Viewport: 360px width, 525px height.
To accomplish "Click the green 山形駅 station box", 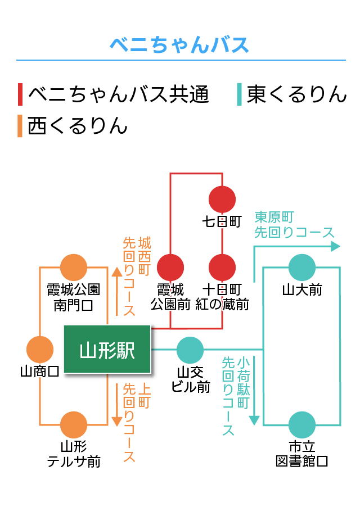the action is point(107,349).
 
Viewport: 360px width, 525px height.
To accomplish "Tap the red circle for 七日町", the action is point(222,199).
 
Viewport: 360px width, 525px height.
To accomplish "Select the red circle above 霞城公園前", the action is point(170,267).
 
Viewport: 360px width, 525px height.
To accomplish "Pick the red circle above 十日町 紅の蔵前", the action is point(222,267).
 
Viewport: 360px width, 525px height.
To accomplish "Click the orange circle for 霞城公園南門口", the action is point(74,267).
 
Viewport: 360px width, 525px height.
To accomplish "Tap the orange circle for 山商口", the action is point(40,350).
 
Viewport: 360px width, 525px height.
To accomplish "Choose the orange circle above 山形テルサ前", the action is point(74,424).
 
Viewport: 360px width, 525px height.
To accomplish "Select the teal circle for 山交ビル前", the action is point(190,350).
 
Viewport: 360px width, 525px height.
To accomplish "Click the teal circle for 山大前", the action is point(302,267).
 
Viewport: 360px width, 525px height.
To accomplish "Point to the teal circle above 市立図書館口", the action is point(302,424).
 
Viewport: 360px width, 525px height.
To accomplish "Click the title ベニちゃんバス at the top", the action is point(179,45).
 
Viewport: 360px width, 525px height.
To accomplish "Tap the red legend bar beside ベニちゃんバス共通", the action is point(20,94).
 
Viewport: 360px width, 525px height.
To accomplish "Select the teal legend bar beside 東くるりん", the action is point(239,94).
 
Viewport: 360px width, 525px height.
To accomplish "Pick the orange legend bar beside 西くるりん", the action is point(20,126).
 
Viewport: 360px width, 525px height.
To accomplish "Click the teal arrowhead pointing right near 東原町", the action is point(335,246).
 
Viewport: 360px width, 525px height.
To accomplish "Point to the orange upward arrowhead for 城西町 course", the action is point(116,271).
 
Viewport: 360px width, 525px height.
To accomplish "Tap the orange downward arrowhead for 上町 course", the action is point(116,422).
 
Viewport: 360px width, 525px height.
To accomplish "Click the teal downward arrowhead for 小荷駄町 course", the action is point(254,420).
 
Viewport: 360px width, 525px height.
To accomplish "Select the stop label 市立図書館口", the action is point(301,454).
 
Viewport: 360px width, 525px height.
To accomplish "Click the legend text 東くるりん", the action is point(296,94).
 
